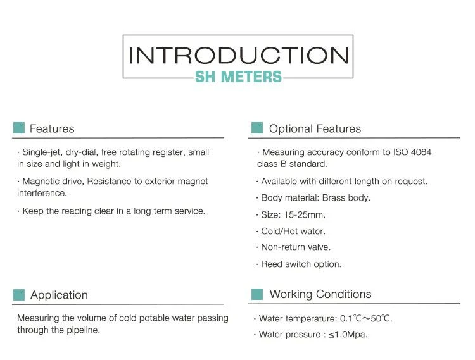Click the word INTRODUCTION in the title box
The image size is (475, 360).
(x=239, y=56)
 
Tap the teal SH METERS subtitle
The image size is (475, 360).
(x=238, y=77)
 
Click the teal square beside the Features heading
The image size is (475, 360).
(x=19, y=128)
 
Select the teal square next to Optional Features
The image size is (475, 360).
(x=257, y=128)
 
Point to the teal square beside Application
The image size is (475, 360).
(x=19, y=295)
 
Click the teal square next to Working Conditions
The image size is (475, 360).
(x=257, y=294)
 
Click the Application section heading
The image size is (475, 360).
(x=59, y=295)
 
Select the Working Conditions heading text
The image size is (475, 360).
(x=320, y=294)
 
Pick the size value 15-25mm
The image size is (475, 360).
(x=304, y=214)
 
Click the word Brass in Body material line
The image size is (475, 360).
(x=334, y=198)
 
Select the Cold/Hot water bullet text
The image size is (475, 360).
(x=293, y=232)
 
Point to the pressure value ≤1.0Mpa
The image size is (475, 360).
(x=348, y=335)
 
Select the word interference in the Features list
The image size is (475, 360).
(x=42, y=193)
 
